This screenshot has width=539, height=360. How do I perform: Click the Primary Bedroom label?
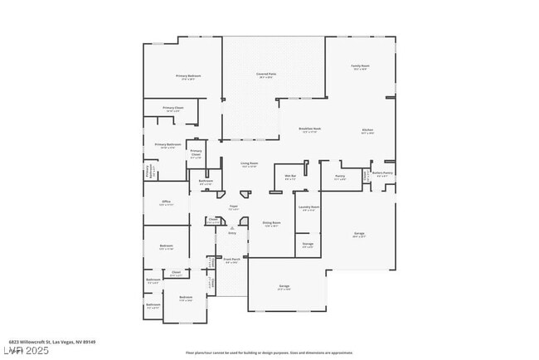[188, 75]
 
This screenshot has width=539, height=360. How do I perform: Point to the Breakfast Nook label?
[310, 129]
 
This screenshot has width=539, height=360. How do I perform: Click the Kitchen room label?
[367, 129]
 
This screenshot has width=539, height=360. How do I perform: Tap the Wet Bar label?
[290, 177]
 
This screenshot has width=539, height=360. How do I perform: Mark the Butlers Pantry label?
[382, 173]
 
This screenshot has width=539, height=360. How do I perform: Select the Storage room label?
[308, 245]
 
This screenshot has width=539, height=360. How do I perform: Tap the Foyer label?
[234, 207]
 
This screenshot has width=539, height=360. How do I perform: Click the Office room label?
[166, 202]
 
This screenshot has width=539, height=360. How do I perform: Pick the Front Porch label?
[231, 260]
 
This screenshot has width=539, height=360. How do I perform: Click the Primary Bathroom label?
[168, 145]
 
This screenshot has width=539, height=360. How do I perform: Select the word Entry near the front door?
[232, 233]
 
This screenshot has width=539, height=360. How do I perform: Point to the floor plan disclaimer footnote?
[269, 353]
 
